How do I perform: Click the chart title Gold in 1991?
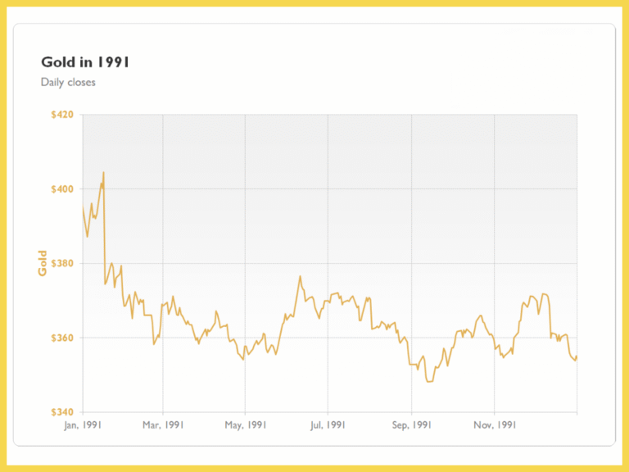[x=85, y=61]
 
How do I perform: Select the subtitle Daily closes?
[x=68, y=82]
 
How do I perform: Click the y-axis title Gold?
[x=43, y=263]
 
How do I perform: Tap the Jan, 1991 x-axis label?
[x=83, y=425]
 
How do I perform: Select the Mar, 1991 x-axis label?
[x=163, y=425]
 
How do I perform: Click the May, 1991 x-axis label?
[x=246, y=425]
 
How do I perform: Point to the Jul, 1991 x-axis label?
[x=328, y=425]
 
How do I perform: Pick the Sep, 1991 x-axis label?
[x=412, y=425]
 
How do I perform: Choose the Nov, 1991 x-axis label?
[x=495, y=425]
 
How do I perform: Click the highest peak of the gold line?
[x=103, y=172]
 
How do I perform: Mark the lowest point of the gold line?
[x=428, y=382]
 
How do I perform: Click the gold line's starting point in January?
[x=83, y=207]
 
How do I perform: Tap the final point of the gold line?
[x=577, y=356]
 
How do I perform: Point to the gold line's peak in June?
[x=301, y=276]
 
